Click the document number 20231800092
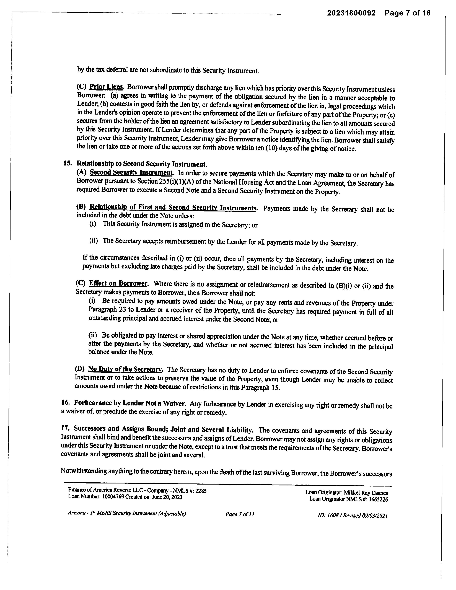coord(351,13)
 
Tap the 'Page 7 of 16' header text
coord(407,13)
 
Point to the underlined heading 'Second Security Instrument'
coord(131,172)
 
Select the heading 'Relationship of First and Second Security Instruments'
coord(173,208)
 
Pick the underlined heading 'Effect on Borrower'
coord(118,284)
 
